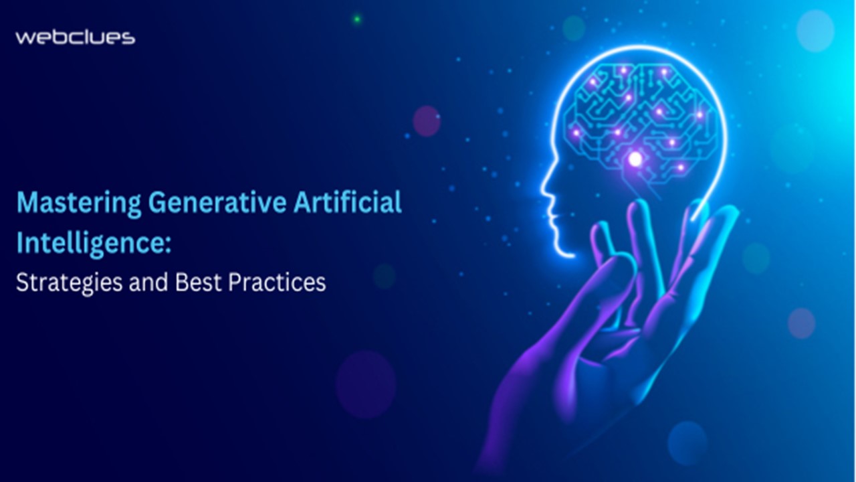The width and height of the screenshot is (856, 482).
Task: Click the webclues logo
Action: click(75, 37)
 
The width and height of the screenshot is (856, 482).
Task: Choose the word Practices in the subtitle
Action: click(277, 282)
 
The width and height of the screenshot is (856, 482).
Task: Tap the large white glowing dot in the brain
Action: click(635, 159)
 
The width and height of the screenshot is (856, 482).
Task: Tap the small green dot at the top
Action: click(356, 19)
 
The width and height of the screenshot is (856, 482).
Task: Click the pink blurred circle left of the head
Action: click(426, 121)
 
